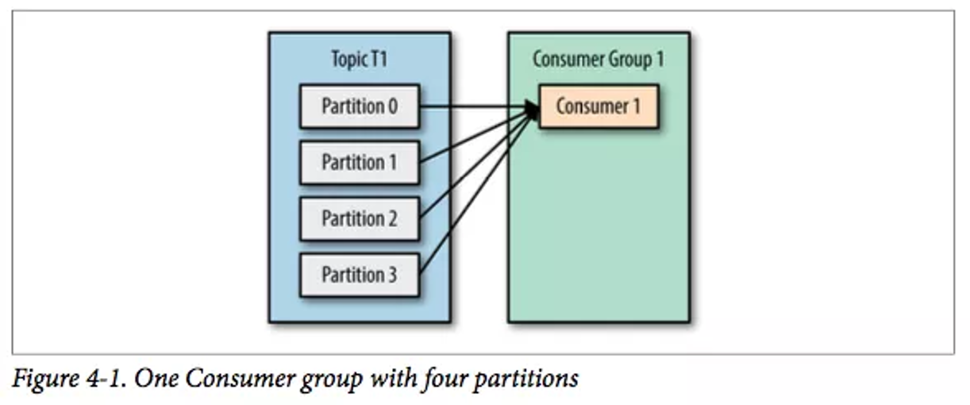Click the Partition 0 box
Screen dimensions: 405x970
point(359,106)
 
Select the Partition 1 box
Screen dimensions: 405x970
point(359,162)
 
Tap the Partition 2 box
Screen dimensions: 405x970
point(359,218)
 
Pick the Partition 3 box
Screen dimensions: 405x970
point(359,275)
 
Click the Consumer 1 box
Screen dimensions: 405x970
point(598,106)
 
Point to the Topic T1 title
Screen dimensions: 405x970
point(359,60)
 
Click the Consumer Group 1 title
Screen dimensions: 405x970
point(598,60)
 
